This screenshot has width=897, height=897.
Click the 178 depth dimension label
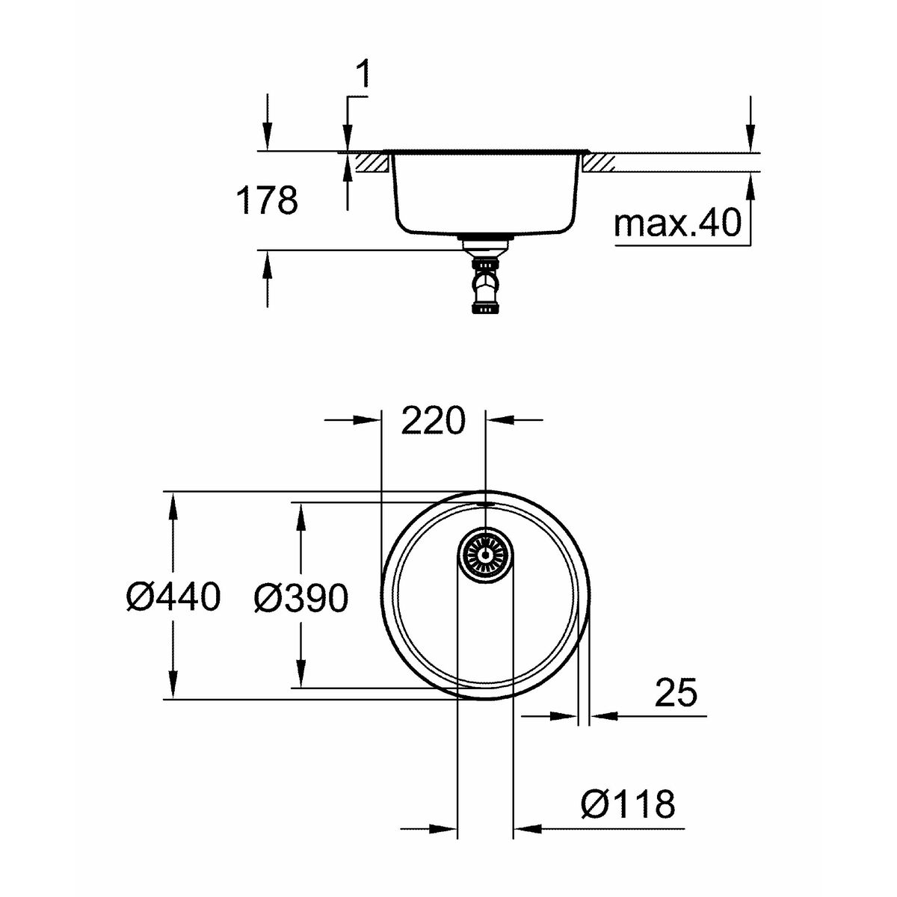[x=267, y=200]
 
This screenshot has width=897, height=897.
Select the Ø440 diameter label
[x=173, y=598]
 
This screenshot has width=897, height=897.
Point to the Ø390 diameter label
[x=300, y=599]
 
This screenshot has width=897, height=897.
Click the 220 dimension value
[x=433, y=421]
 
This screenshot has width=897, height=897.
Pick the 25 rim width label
[x=676, y=693]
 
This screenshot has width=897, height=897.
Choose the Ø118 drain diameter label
[x=628, y=805]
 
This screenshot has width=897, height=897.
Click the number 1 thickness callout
[x=363, y=75]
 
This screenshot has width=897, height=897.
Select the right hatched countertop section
[x=599, y=163]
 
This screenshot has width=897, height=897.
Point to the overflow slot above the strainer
[x=485, y=505]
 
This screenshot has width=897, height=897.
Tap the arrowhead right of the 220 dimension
[x=499, y=420]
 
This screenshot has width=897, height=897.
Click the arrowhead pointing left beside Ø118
[x=527, y=828]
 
